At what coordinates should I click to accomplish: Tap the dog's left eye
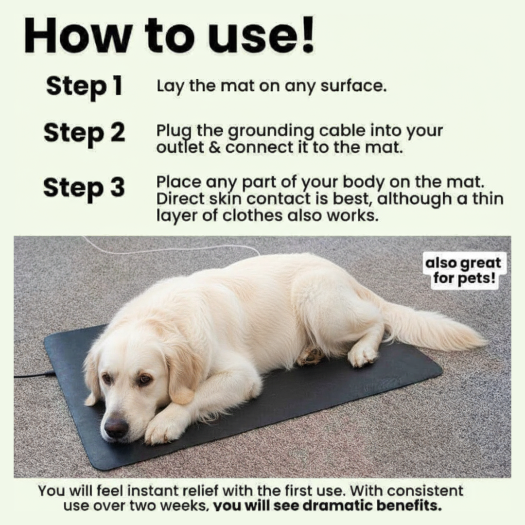click(144, 380)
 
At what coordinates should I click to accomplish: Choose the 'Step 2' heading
click(84, 134)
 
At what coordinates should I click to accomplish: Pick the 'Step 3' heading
click(84, 188)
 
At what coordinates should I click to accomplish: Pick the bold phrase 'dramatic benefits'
click(372, 505)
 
